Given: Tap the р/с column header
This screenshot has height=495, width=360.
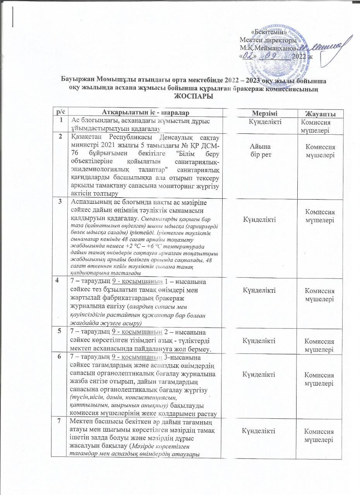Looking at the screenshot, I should pyautogui.click(x=60, y=112).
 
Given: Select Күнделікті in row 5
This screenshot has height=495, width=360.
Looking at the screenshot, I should pyautogui.click(x=259, y=341).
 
